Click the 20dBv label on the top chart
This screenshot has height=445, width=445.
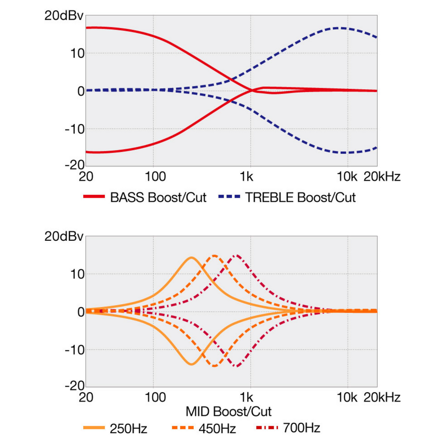click(x=64, y=15)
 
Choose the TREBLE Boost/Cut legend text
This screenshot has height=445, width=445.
click(x=301, y=197)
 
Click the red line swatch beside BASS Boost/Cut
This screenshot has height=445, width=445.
click(x=94, y=197)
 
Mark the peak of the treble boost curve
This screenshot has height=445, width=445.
click(x=339, y=28)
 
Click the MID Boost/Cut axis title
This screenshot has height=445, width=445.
click(x=229, y=411)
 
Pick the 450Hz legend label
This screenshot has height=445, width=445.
click(x=218, y=428)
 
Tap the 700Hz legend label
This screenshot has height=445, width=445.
click(x=302, y=428)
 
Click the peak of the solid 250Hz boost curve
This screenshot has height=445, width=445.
click(x=191, y=258)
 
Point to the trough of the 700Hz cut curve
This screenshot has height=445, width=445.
click(x=237, y=366)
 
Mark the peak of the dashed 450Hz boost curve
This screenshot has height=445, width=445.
click(x=214, y=256)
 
